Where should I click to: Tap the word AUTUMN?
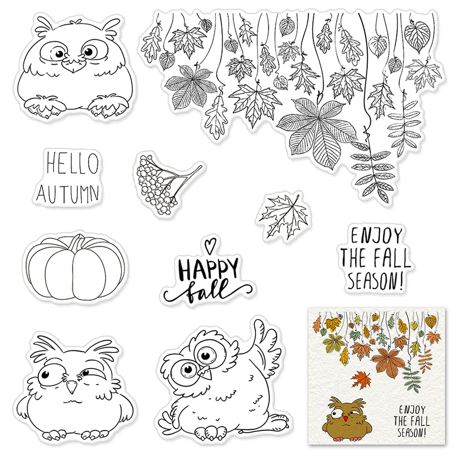click(68, 193)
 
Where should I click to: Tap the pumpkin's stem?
click(77, 242)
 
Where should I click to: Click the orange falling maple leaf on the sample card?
click(361, 379)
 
